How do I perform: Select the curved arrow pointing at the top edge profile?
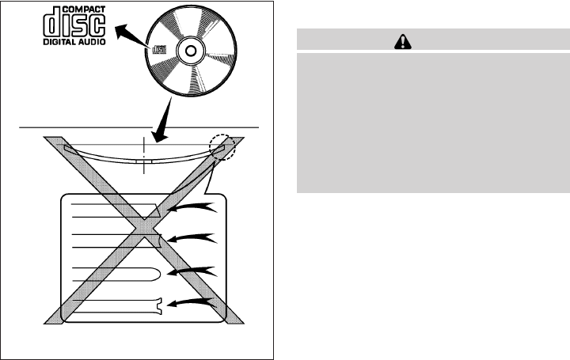click(x=196, y=207)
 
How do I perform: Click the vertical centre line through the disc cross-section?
click(x=144, y=155)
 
